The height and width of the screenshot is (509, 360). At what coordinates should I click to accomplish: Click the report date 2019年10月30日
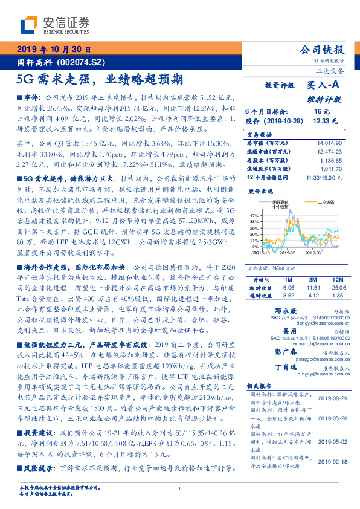(53, 50)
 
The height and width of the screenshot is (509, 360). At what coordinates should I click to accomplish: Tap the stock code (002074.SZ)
(82, 62)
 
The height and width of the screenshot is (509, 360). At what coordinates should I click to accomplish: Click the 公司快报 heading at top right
(322, 50)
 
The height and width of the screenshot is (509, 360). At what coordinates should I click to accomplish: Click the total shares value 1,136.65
(330, 161)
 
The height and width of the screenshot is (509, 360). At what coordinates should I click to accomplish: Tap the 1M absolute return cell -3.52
(287, 296)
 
